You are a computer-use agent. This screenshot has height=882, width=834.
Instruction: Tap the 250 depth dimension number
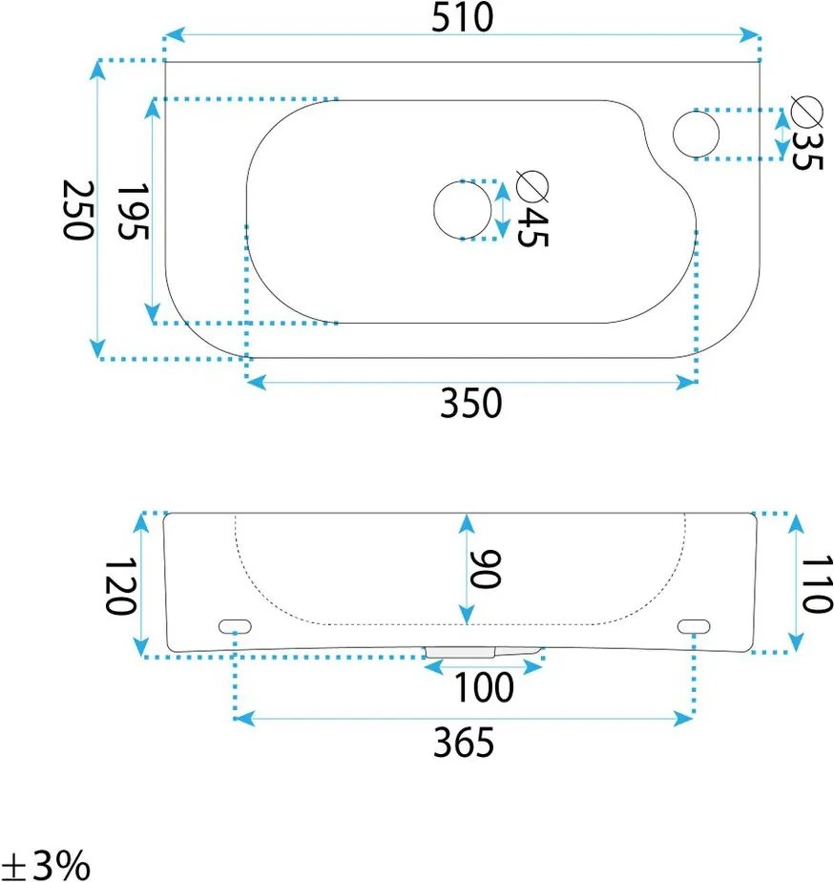coord(77,209)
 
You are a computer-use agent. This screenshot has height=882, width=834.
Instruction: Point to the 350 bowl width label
coord(470,404)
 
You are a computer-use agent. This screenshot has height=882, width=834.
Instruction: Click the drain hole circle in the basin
coord(462,209)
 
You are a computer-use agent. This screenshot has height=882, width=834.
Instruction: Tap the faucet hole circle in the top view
coord(696,134)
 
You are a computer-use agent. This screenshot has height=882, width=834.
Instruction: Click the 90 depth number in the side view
coord(486,570)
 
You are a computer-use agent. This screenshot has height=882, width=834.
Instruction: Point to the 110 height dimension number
coord(818,585)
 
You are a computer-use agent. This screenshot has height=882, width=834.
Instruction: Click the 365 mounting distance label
coord(464,742)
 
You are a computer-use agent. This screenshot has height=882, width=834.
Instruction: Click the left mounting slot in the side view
coord(235,626)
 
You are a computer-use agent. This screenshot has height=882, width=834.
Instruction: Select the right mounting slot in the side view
coord(694,625)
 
